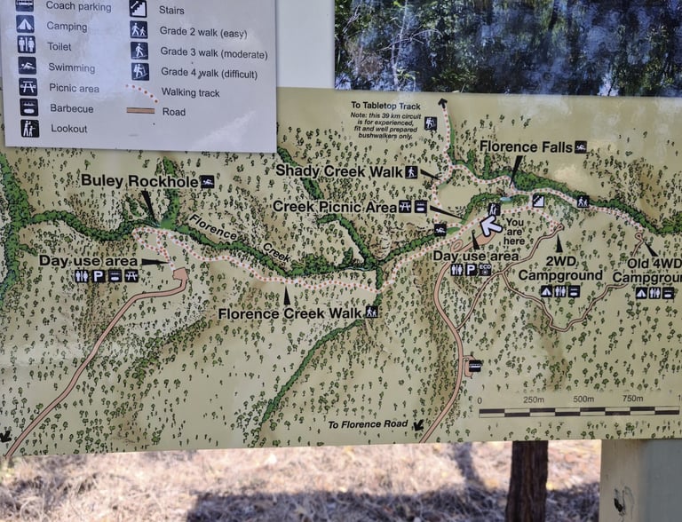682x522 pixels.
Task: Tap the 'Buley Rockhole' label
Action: tap(138, 181)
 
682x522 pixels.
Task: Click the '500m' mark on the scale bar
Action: tap(583, 399)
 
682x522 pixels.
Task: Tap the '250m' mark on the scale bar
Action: tap(533, 399)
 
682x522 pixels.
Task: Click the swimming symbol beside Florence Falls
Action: tap(580, 146)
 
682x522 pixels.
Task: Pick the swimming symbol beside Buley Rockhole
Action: tap(207, 181)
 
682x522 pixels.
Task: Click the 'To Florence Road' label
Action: tap(368, 424)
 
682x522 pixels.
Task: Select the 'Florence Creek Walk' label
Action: tap(289, 313)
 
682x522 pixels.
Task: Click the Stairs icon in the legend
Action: tap(138, 9)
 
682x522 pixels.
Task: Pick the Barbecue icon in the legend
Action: tap(28, 107)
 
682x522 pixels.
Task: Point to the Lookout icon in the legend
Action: tap(29, 129)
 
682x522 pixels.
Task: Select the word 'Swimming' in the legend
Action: tap(72, 67)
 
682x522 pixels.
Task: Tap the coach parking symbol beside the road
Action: tap(474, 365)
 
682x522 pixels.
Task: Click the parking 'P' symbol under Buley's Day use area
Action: tap(98, 276)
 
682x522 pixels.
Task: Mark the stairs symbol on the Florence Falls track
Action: tap(537, 201)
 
